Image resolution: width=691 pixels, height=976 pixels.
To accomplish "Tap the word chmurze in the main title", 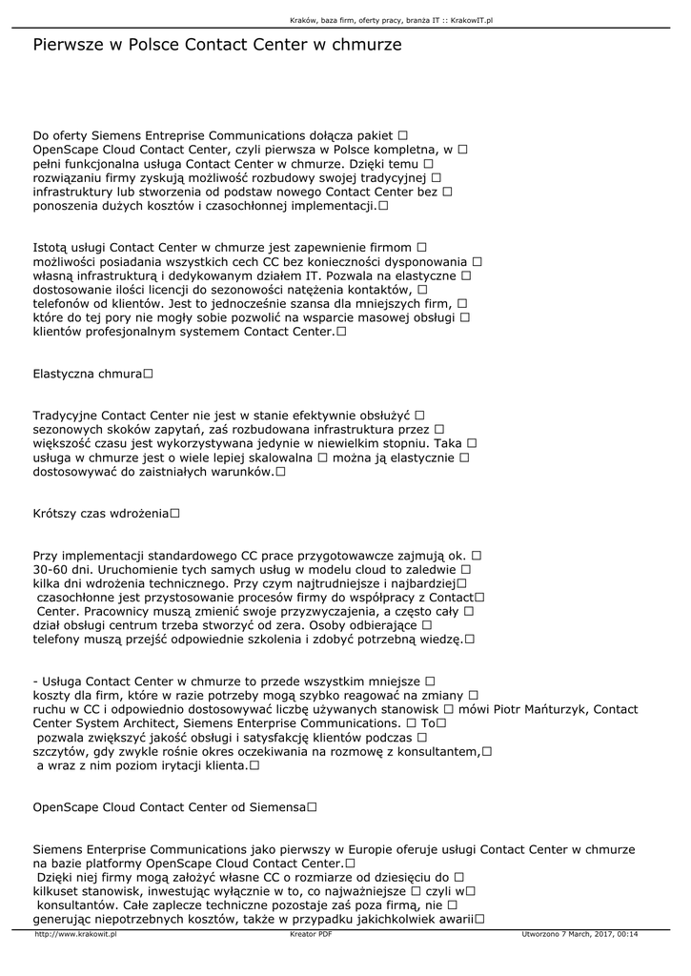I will (x=364, y=45).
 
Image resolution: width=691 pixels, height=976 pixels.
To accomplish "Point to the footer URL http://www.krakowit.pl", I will (x=75, y=934).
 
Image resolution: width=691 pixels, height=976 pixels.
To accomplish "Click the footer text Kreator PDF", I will (x=311, y=934).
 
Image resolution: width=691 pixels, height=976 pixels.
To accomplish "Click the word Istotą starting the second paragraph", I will (x=52, y=246).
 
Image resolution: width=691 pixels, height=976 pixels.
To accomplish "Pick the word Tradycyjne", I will (x=65, y=415).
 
